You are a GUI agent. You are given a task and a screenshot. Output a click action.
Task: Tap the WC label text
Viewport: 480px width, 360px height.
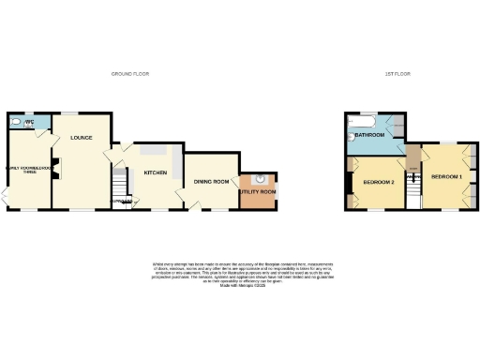point(30,120)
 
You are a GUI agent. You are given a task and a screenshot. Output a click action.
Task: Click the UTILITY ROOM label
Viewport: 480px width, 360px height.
point(258,192)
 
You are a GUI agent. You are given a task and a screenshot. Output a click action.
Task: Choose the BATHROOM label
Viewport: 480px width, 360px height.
point(370,135)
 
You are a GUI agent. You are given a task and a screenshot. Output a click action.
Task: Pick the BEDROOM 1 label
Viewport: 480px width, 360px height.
point(447,175)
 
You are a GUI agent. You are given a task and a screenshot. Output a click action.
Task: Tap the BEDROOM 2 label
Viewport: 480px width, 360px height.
point(378,181)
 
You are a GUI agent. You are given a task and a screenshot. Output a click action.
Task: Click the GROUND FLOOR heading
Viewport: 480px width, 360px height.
point(130,73)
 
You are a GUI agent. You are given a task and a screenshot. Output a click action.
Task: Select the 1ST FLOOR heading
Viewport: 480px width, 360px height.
point(400,73)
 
